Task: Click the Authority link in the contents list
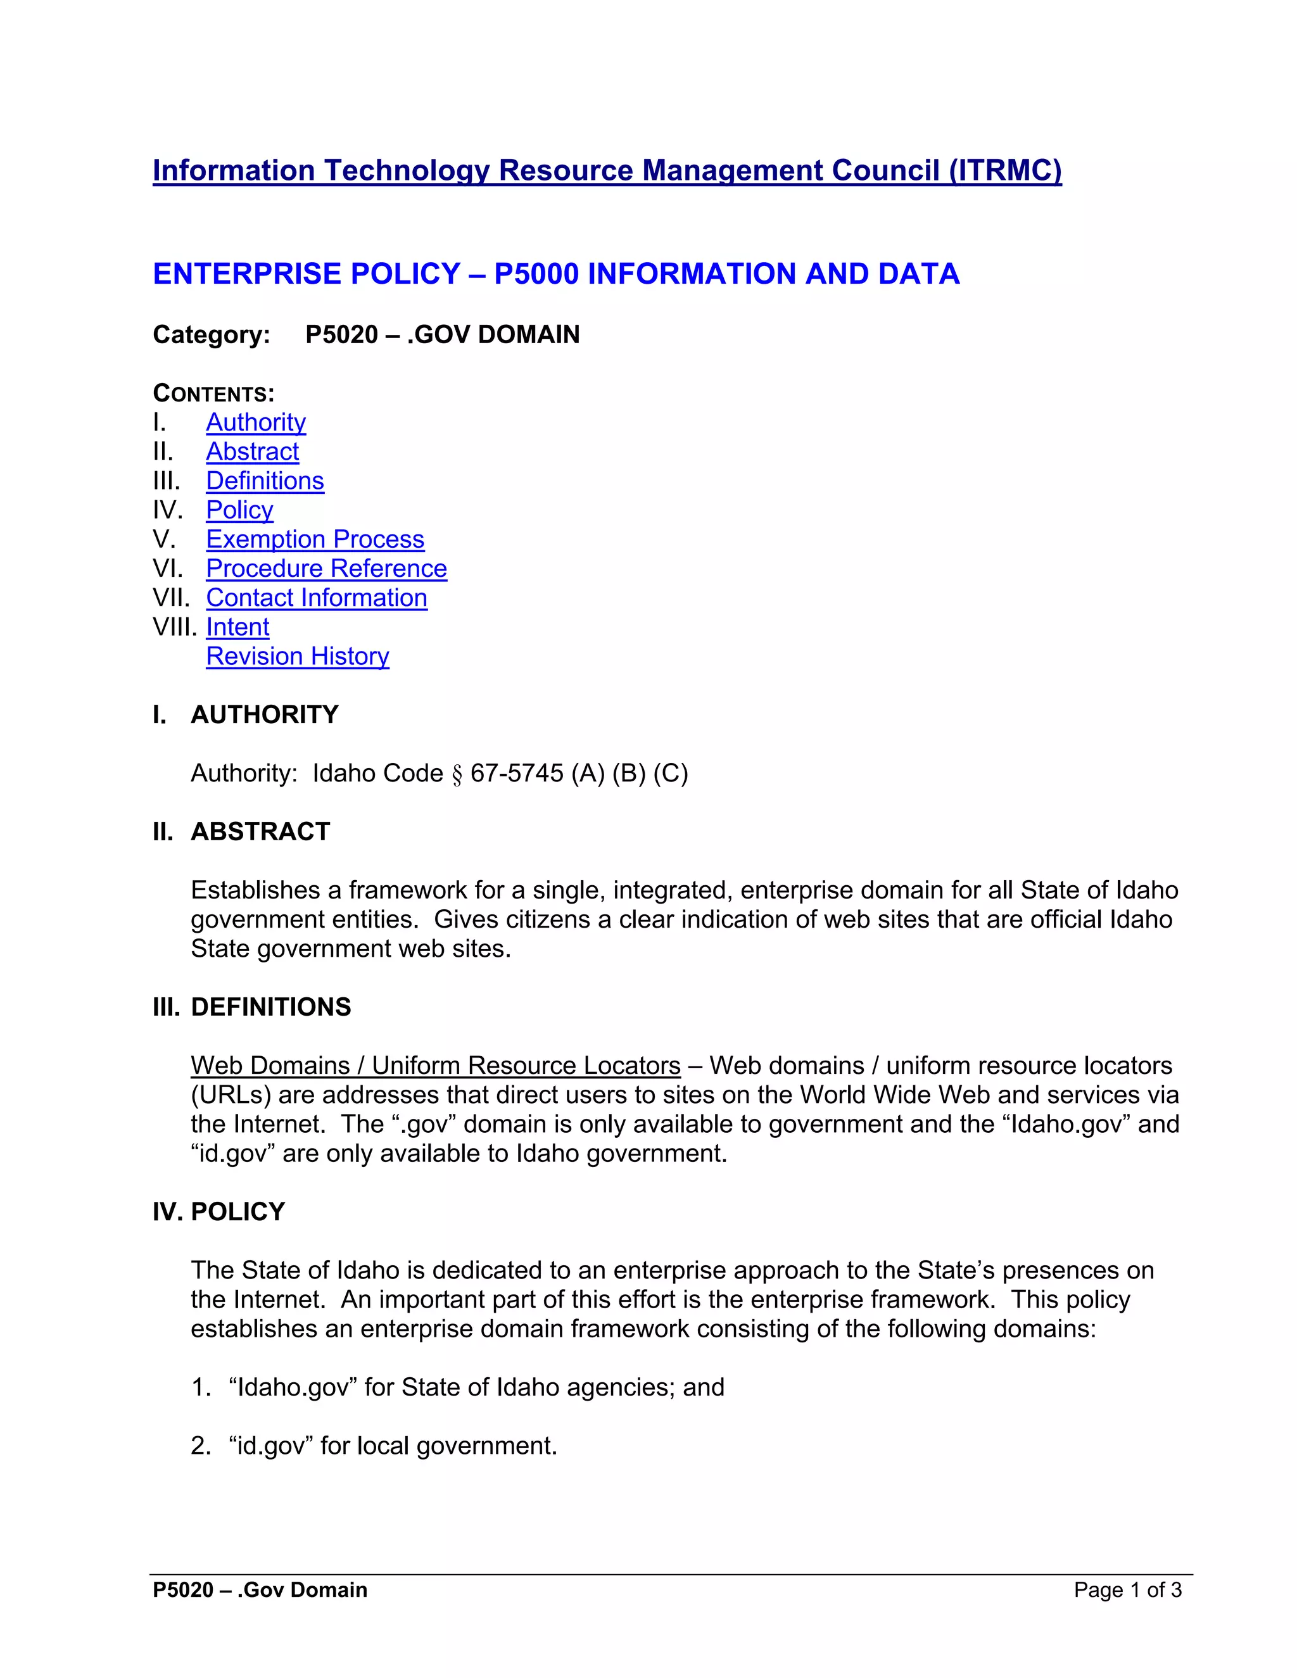point(255,422)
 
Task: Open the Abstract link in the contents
point(252,451)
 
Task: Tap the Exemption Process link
point(314,539)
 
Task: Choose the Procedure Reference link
point(326,569)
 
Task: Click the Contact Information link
point(316,598)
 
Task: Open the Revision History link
point(298,656)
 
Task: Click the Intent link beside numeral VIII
point(237,627)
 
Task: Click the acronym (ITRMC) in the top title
point(1005,170)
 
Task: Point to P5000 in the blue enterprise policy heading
point(536,274)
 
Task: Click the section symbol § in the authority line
point(457,774)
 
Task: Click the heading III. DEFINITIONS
point(252,1007)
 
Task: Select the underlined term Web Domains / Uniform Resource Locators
point(435,1066)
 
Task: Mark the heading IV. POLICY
point(219,1211)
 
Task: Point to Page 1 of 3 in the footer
point(1127,1589)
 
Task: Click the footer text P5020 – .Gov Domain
point(260,1589)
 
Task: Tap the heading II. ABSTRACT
point(241,831)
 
